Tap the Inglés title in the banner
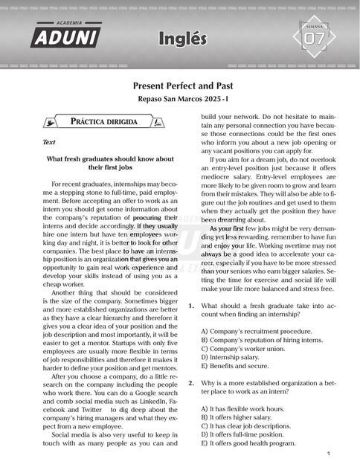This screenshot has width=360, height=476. [182, 39]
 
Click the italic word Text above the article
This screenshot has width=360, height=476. [49, 141]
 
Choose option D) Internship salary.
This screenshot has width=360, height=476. [234, 356]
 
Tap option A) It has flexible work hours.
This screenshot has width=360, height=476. [242, 408]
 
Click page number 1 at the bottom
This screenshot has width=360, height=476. [328, 454]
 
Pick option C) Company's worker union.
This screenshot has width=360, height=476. [245, 347]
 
